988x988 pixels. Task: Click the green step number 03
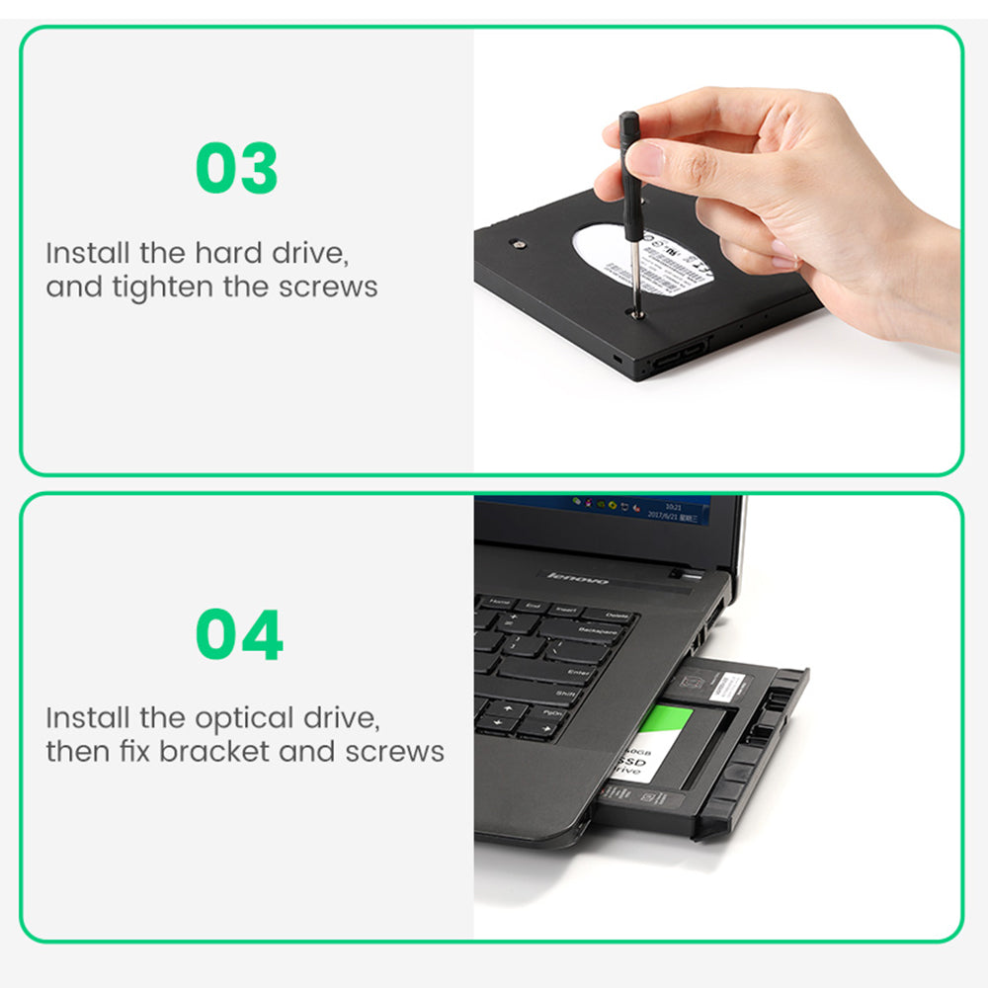237,168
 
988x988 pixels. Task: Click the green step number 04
239,634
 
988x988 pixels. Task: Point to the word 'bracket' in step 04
214,751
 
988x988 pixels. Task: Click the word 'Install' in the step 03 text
88,252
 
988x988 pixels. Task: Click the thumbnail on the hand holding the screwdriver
645,158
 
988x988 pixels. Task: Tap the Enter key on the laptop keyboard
578,672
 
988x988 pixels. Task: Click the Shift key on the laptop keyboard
566,694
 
